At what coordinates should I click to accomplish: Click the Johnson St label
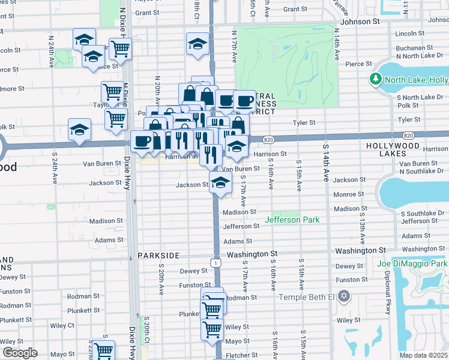[x=360, y=21]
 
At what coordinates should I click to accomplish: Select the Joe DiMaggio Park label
[x=412, y=263]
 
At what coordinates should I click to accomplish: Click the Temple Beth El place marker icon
[x=344, y=296]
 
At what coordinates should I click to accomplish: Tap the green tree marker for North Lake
[x=376, y=79]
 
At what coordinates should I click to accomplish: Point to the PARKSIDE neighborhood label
[x=158, y=256]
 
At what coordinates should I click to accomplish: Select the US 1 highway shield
[x=214, y=263]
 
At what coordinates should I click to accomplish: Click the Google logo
[x=20, y=353]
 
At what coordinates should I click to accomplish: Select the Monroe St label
[x=345, y=194]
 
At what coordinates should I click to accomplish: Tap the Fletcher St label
[x=243, y=355]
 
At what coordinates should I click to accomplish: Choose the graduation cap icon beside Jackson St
[x=221, y=184]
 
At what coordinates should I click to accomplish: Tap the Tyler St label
[x=304, y=122]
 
